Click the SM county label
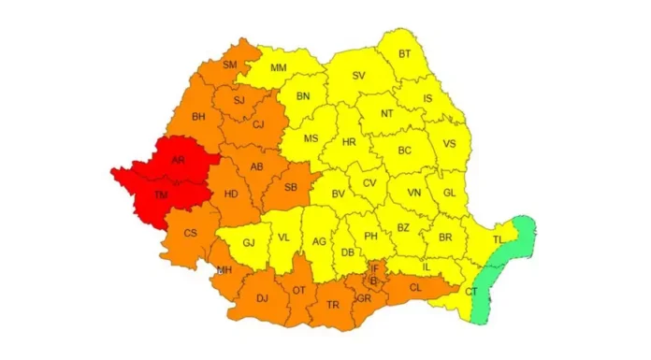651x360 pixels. click(x=230, y=65)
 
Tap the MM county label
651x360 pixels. click(x=279, y=68)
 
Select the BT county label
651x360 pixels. click(x=404, y=53)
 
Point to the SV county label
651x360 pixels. click(x=358, y=76)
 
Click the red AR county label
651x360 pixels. click(x=178, y=160)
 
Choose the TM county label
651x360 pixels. click(x=163, y=194)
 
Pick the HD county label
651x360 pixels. click(x=230, y=194)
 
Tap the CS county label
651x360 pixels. click(x=190, y=233)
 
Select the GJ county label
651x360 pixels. click(x=249, y=243)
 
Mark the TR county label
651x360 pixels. click(x=333, y=305)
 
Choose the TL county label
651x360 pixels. click(x=498, y=240)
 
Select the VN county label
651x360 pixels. click(x=412, y=194)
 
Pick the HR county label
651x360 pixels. click(x=350, y=142)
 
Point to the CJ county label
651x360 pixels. click(x=259, y=124)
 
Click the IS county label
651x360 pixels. click(x=428, y=97)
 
